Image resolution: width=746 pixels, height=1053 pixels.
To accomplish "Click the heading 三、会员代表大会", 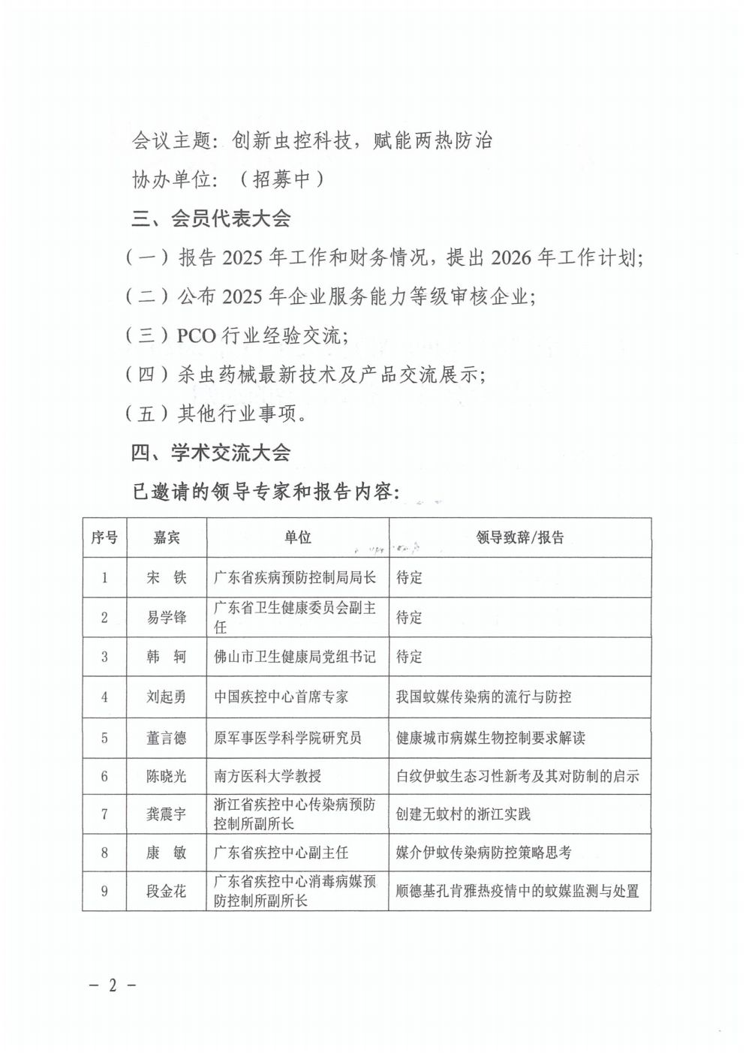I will coord(211,219).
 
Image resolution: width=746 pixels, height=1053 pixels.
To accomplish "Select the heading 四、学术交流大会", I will coord(211,453).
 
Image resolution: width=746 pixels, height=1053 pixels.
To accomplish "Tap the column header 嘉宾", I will coord(167,537).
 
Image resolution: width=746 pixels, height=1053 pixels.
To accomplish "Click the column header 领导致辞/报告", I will coord(519,537).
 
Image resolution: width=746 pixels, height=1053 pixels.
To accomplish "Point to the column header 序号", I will coord(104,537).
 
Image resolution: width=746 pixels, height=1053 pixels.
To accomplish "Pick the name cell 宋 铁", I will coord(167,577).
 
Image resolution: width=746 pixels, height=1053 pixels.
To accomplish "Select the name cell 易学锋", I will coord(167,618).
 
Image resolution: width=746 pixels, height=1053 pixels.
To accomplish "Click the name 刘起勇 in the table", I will coord(167,697).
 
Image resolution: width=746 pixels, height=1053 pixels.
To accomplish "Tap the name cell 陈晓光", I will coord(167,777).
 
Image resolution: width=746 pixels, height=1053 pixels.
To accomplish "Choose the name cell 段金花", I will coord(167,892).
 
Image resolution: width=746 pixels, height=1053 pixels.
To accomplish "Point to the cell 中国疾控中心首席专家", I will coord(281,697).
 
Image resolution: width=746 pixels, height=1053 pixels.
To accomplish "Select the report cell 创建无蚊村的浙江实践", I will coord(463,814).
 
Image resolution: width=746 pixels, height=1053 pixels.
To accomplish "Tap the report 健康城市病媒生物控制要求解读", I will coord(491,738).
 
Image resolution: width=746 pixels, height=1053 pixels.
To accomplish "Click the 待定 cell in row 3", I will coord(409,657).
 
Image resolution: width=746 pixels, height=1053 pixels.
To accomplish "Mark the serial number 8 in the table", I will coord(104,853).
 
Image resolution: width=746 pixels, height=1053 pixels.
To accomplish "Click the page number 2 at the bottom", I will coord(113,985).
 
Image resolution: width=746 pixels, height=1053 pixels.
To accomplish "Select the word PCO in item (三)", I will coord(196,335).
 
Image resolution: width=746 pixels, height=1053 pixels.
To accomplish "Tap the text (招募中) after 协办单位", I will coord(281,179).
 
